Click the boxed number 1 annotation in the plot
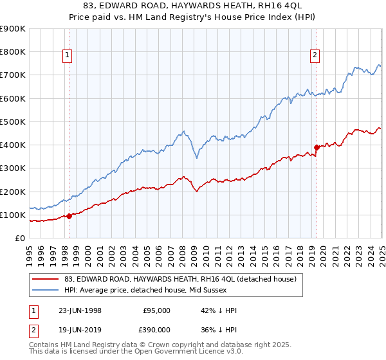click(x=68, y=56)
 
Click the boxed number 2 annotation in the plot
click(x=315, y=56)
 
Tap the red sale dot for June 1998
click(x=69, y=216)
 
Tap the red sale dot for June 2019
click(x=317, y=147)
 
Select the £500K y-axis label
click(x=13, y=122)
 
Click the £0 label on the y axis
click(x=19, y=238)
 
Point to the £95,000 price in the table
click(x=157, y=310)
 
